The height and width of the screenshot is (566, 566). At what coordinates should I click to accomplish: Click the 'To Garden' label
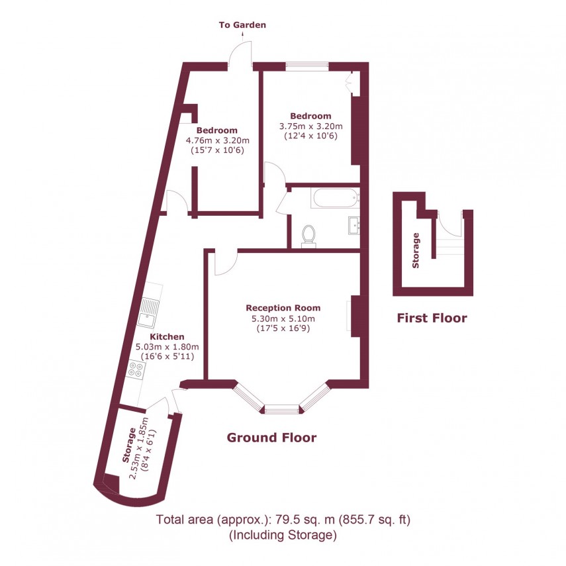click(x=242, y=25)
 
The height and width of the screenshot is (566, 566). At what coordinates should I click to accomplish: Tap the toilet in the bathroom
click(x=308, y=235)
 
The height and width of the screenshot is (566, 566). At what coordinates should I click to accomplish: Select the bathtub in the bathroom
click(x=335, y=198)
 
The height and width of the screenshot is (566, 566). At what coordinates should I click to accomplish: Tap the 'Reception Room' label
click(x=283, y=308)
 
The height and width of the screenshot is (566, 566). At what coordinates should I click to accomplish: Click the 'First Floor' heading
click(x=432, y=318)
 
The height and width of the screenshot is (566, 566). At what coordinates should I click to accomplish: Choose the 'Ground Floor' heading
click(x=271, y=438)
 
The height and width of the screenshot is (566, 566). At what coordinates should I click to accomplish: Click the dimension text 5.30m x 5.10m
click(x=283, y=318)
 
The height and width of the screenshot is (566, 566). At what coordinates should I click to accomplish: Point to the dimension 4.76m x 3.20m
click(x=217, y=140)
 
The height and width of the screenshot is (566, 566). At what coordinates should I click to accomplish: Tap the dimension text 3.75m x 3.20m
click(x=311, y=126)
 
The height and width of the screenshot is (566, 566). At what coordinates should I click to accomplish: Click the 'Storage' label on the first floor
click(x=416, y=250)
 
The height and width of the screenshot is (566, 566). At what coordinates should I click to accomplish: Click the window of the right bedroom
click(x=307, y=66)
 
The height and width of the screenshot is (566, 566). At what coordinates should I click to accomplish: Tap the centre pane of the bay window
click(x=283, y=410)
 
